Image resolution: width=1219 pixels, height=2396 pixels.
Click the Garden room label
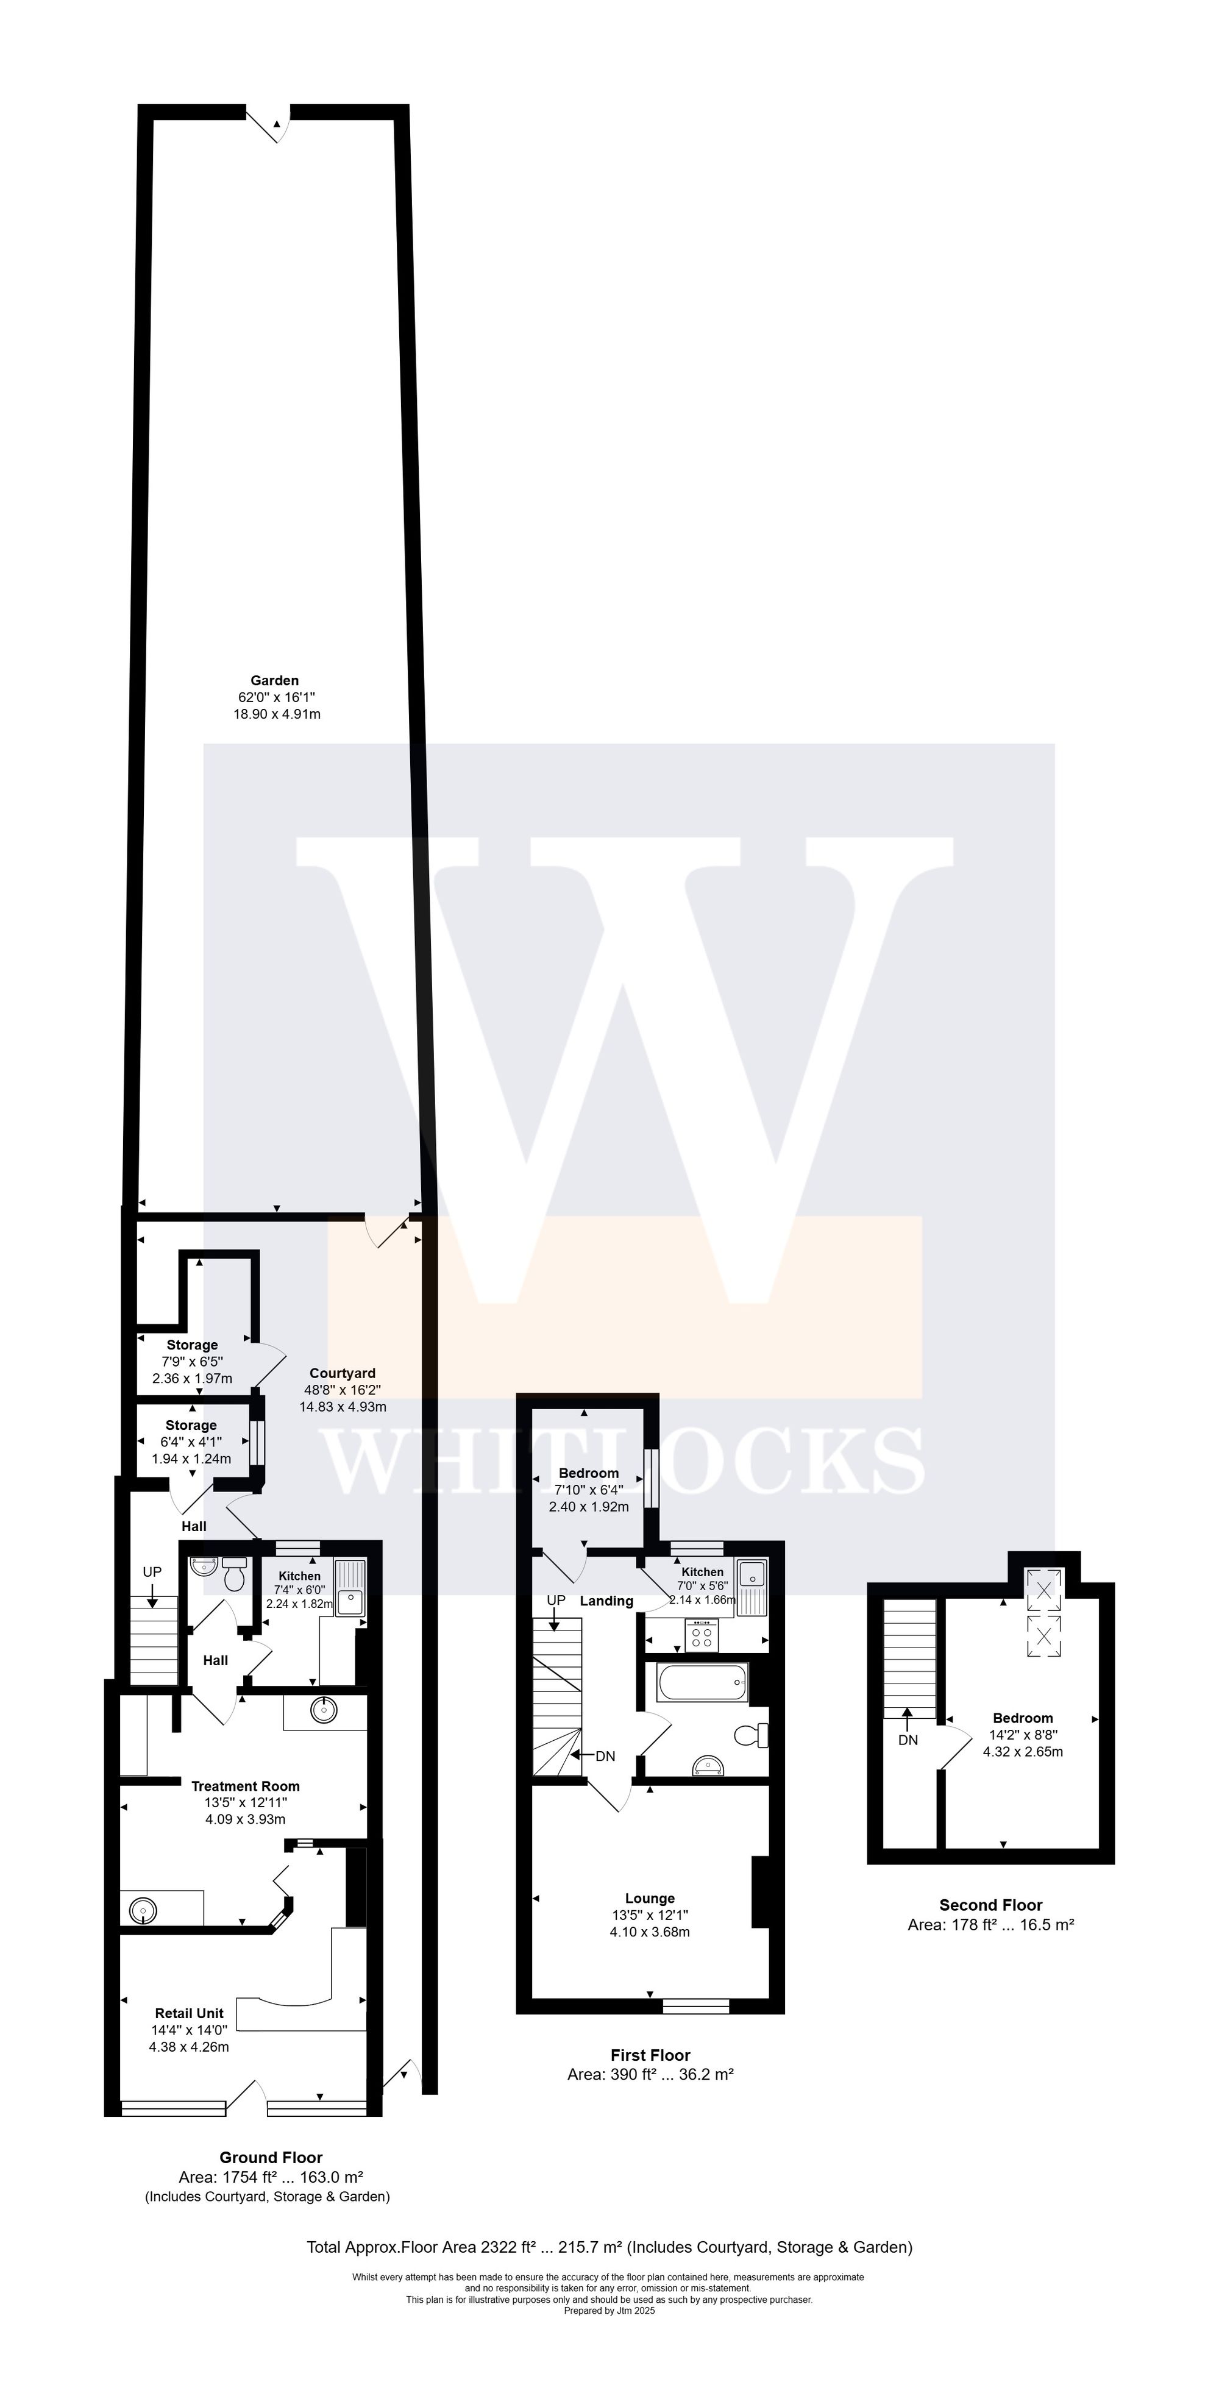[274, 681]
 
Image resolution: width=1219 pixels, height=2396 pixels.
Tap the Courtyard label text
[342, 1373]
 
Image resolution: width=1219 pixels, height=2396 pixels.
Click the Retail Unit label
[189, 2013]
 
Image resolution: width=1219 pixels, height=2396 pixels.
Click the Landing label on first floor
[606, 1601]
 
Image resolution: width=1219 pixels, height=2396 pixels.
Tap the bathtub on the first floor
[702, 1682]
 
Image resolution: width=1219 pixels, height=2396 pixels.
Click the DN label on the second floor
[908, 1740]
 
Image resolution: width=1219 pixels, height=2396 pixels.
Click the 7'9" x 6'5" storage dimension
[193, 1362]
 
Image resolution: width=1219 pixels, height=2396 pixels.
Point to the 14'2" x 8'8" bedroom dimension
[1023, 1735]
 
